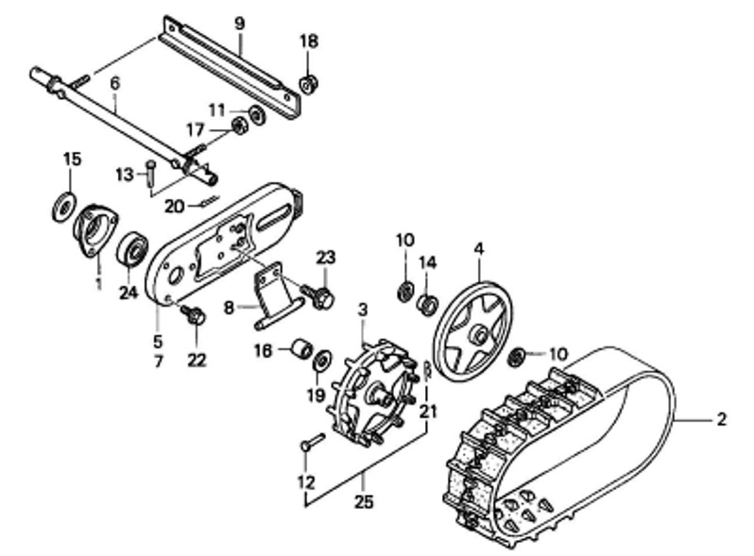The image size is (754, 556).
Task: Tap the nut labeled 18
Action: (308, 85)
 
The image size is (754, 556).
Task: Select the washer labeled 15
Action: (63, 207)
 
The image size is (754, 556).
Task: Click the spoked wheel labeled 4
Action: (472, 333)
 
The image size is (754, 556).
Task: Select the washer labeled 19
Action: (320, 360)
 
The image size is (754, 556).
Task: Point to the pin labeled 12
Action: (313, 441)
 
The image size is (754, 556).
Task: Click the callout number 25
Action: (364, 501)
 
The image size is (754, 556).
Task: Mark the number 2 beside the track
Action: (721, 420)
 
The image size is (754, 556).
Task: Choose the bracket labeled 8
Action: (278, 297)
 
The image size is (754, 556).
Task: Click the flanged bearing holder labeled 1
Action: (95, 230)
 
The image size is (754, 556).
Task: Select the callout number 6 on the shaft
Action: (114, 84)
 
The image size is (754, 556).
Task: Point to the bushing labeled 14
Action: (427, 304)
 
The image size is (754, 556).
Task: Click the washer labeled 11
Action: (257, 116)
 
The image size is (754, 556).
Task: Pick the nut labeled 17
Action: (239, 126)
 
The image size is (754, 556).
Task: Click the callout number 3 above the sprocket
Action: (363, 310)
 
